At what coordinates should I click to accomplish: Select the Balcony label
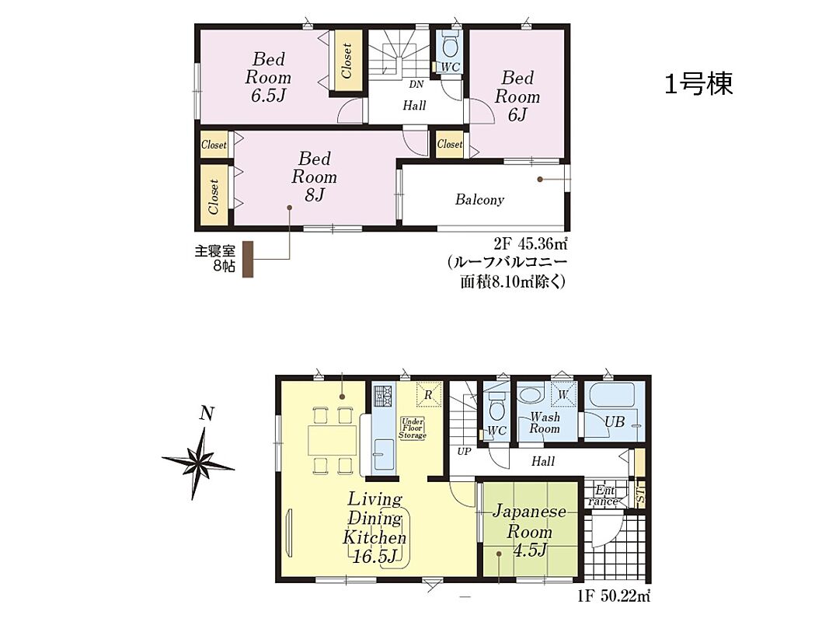(x=479, y=200)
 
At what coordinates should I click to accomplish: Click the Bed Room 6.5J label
(x=268, y=77)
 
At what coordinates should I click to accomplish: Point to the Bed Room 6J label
(x=517, y=96)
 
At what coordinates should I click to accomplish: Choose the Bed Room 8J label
(x=314, y=176)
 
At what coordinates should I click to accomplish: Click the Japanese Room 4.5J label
(x=529, y=531)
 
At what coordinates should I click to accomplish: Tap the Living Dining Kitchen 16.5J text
(x=374, y=527)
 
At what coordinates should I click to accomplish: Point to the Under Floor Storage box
(x=412, y=428)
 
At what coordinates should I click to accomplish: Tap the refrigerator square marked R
(x=429, y=394)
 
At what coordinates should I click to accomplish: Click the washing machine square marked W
(x=563, y=394)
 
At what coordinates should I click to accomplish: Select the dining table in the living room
(x=332, y=439)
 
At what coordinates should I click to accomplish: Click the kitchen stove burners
(x=382, y=394)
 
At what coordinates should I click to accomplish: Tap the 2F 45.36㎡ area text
(x=531, y=244)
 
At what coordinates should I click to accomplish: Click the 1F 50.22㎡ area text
(x=614, y=596)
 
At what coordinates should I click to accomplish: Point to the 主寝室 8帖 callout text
(x=215, y=258)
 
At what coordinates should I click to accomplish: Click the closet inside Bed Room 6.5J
(x=347, y=61)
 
